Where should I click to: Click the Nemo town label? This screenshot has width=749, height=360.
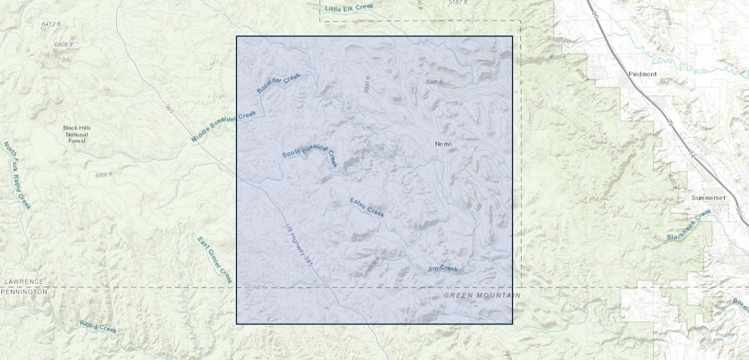(443, 144)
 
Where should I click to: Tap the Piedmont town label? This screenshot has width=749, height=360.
(642, 74)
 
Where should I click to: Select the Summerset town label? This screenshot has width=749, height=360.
(708, 197)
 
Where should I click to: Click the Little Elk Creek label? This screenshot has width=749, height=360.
(349, 8)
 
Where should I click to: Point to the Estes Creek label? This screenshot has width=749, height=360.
(367, 207)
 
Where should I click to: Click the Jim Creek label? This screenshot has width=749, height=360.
(442, 269)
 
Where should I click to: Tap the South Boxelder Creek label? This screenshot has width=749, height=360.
(310, 153)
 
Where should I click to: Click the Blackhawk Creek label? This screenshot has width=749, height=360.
(689, 225)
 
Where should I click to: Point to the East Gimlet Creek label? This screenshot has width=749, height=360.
(214, 260)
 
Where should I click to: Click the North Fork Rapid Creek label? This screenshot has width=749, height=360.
(17, 175)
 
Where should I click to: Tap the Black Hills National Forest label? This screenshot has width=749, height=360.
(77, 134)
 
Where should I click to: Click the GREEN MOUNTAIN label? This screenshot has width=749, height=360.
(482, 296)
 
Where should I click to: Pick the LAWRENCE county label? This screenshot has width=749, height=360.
(24, 281)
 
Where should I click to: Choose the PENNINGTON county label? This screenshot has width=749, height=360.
(24, 292)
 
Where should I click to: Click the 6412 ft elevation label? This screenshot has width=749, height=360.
(51, 24)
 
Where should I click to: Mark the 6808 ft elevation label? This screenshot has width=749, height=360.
(63, 44)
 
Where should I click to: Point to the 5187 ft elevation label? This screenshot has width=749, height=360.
(458, 3)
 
